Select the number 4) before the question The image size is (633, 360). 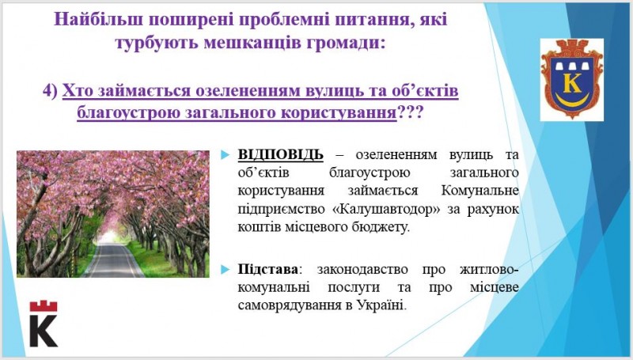[x=51, y=91]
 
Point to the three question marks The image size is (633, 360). [x=410, y=112]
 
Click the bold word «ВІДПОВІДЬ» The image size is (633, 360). [x=281, y=154]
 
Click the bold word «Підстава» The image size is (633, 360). [x=268, y=269]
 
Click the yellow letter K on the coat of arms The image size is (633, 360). [x=572, y=82]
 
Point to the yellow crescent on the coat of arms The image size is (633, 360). [x=572, y=99]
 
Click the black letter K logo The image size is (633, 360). [x=44, y=331]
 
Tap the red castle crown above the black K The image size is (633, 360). [x=44, y=306]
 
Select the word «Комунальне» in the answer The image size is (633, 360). [x=479, y=191]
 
